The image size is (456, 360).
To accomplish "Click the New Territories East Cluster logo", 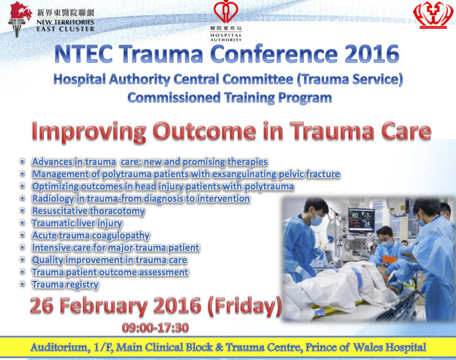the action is (x=51, y=20).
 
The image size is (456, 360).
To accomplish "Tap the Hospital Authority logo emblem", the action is (x=226, y=12).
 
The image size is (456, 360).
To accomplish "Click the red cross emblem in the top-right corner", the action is (x=433, y=15).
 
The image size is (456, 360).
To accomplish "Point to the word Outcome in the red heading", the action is (x=204, y=131).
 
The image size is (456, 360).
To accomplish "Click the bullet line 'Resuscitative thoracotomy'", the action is (x=88, y=211).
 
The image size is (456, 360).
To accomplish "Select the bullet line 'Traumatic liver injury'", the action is (x=77, y=223).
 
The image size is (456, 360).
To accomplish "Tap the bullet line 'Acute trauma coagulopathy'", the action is (x=91, y=236).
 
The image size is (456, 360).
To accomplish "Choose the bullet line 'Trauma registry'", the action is (x=66, y=285).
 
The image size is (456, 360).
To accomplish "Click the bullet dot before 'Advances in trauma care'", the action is (x=22, y=161).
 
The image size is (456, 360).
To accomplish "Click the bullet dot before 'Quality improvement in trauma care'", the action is (x=22, y=259).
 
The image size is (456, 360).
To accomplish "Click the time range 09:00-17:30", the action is (x=155, y=327).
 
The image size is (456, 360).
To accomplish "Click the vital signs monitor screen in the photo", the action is (x=361, y=220).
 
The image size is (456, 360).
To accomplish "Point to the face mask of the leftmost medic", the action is (x=316, y=220).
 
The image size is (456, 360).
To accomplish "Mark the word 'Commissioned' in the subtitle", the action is (x=174, y=98).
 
